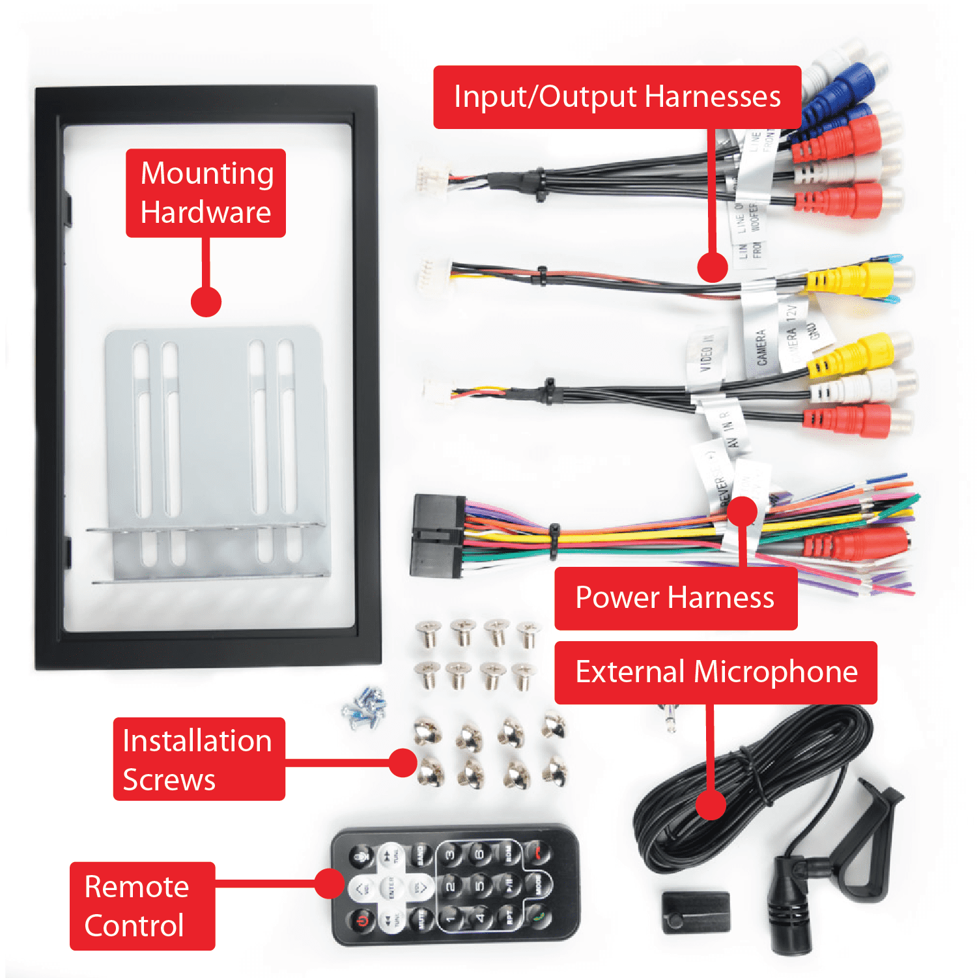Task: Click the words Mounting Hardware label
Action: point(206,193)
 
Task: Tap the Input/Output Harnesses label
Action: point(617,97)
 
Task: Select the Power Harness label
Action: point(675,598)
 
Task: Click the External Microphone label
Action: point(716,672)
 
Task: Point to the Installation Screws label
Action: point(199,759)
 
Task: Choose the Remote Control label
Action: point(142,906)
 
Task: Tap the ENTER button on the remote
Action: point(391,887)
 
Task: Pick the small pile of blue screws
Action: point(365,706)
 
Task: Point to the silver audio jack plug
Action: point(669,717)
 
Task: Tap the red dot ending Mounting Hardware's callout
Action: point(206,302)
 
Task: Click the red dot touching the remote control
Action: point(330,884)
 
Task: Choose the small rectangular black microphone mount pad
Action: point(696,912)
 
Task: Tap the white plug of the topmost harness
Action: point(431,176)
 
